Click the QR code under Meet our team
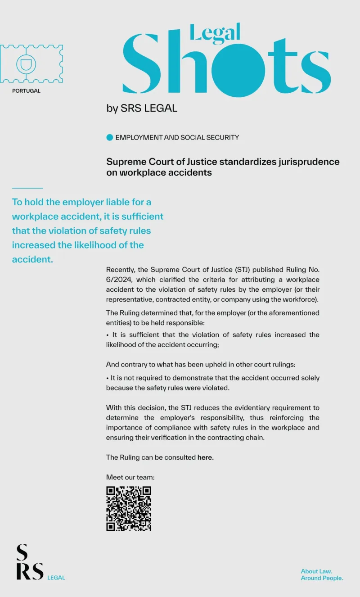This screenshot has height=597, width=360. coord(129,508)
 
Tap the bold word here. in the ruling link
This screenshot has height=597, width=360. coord(206,457)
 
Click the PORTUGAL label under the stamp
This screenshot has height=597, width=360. coord(26,91)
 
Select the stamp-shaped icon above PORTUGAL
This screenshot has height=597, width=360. coord(31,63)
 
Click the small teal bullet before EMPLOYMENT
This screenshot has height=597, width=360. coord(109,138)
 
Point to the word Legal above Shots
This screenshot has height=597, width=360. coord(215,32)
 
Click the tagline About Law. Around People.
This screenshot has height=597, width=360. coord(322,574)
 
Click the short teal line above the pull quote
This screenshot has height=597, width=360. coord(27,188)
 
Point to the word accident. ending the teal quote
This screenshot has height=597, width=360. coord(32,259)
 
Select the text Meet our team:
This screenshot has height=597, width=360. coord(130,477)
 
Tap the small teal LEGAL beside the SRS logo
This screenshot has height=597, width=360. coord(56,578)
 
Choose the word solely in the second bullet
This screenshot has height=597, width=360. coord(309,378)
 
